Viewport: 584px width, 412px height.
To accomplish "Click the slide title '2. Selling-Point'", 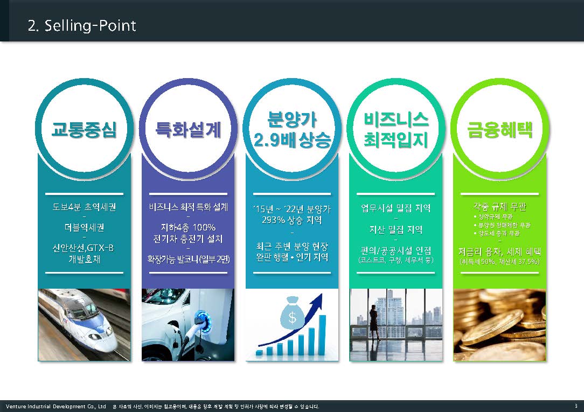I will click(82, 25).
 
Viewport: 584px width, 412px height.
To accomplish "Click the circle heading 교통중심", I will click(84, 129).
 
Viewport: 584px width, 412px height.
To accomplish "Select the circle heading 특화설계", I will click(188, 129).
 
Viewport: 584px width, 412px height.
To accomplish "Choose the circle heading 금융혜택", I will click(500, 129).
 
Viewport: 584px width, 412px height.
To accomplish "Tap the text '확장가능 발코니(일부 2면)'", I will click(188, 259).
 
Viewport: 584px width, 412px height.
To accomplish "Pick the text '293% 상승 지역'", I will click(292, 220).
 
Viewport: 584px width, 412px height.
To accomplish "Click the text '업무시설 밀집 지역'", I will click(396, 208).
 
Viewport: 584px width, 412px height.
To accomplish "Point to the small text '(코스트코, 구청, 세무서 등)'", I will click(396, 261).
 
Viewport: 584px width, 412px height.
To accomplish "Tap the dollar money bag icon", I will click(291, 316).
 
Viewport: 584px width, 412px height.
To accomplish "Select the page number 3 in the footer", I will click(575, 406).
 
